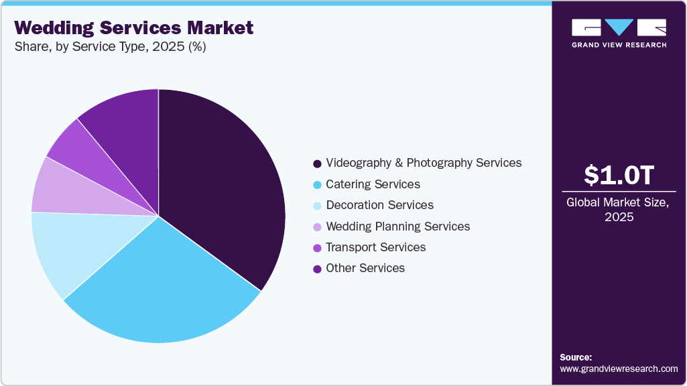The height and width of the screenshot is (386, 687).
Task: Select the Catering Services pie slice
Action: (168, 288)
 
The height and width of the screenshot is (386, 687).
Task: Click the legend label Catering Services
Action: (373, 184)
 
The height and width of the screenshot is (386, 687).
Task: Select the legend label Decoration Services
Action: (379, 205)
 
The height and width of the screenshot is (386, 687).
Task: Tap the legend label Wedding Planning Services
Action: (397, 227)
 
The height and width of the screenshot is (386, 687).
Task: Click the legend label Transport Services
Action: (375, 247)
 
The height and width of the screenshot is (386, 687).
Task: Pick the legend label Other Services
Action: (365, 268)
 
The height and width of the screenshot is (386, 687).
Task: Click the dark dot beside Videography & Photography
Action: (317, 164)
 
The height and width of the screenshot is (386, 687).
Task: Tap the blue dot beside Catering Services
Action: (317, 184)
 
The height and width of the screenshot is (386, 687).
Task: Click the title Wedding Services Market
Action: (134, 27)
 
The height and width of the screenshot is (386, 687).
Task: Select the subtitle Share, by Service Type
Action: (110, 48)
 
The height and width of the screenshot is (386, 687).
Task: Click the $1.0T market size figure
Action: (618, 176)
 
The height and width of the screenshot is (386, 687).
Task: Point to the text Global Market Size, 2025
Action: (618, 210)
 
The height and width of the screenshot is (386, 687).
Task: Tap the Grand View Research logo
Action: (619, 33)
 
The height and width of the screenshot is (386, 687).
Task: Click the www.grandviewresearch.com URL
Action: (619, 369)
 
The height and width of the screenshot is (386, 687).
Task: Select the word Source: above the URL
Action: (576, 357)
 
